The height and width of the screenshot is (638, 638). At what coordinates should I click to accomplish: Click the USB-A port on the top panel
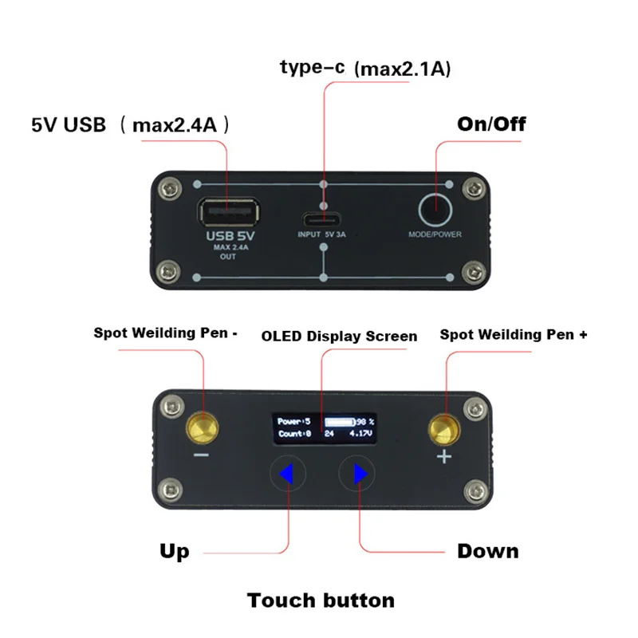[229, 211]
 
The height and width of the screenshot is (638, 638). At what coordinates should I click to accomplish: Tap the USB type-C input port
[321, 221]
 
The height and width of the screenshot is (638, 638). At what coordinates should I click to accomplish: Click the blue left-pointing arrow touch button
[286, 474]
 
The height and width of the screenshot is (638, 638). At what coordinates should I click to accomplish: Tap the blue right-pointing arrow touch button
[361, 474]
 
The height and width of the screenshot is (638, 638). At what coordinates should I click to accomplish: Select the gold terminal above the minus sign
[203, 428]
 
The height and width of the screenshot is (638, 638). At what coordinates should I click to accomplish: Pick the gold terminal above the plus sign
[444, 431]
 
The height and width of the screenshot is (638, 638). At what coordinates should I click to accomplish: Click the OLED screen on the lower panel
[325, 428]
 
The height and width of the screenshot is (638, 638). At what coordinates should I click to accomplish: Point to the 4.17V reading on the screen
[360, 434]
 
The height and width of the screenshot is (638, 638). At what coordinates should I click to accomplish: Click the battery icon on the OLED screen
[341, 422]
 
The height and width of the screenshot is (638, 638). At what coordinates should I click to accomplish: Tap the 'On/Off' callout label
[491, 124]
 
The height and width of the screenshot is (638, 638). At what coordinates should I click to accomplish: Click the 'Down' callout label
[488, 551]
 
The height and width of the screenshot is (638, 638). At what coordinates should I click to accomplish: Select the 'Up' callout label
[175, 552]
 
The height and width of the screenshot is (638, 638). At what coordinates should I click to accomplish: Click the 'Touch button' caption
[321, 601]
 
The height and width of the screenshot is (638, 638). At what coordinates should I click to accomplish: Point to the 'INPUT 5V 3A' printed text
[321, 234]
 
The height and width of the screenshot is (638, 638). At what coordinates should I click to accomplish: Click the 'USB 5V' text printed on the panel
[230, 236]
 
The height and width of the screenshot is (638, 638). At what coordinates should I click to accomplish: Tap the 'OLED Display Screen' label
[340, 337]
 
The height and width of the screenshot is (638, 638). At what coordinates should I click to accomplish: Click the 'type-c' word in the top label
[312, 67]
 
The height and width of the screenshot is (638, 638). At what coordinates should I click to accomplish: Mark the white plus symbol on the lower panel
[444, 456]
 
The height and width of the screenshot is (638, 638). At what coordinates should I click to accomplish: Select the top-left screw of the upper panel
[170, 188]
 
